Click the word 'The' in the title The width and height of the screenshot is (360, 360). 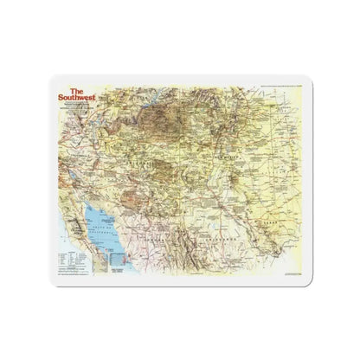(x=77, y=88)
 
